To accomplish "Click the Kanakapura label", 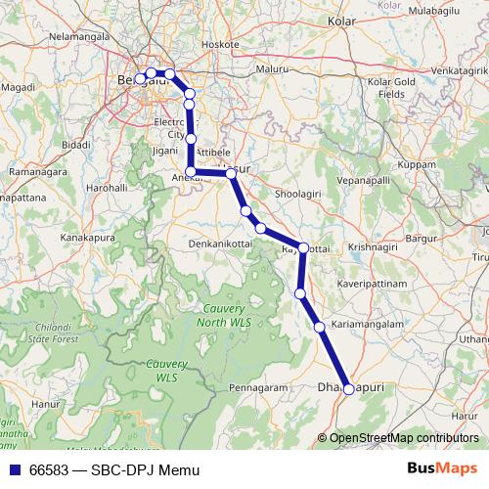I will (88, 238).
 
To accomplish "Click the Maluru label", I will (273, 69).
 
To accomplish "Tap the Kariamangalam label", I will (368, 324).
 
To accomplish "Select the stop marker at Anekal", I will (191, 171).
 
